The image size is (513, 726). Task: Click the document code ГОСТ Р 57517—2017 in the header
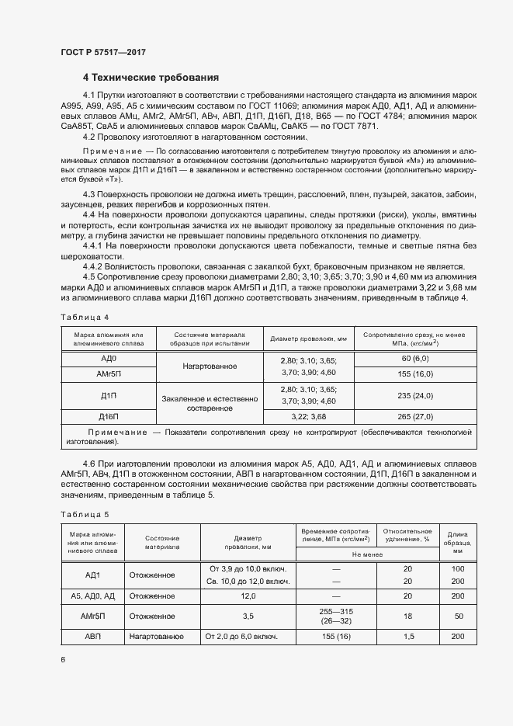tap(102, 52)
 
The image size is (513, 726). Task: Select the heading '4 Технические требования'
tap(151, 78)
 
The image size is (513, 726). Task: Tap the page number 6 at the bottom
tap(63, 659)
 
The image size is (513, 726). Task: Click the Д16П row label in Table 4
tap(109, 416)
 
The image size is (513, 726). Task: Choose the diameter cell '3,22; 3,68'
tap(307, 416)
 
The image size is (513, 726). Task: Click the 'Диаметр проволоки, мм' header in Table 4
tap(307, 339)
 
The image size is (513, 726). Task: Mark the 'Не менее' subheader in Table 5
tap(368, 554)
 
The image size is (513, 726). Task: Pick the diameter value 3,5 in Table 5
tap(248, 616)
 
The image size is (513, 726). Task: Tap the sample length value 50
tap(458, 616)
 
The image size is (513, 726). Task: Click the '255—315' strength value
tap(336, 611)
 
